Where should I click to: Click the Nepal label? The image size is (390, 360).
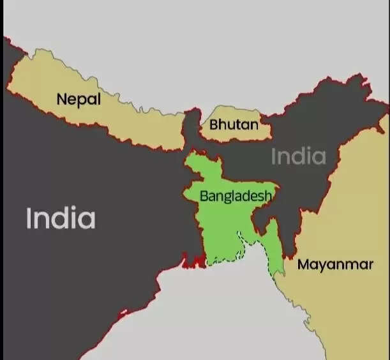(x=79, y=100)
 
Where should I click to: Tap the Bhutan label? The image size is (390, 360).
(x=234, y=124)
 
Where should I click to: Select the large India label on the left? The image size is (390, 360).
(x=61, y=218)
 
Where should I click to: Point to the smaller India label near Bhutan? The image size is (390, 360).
(x=298, y=156)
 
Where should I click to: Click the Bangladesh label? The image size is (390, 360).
(x=236, y=196)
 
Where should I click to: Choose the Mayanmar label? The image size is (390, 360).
(x=335, y=264)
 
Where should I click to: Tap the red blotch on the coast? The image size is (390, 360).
(x=191, y=260)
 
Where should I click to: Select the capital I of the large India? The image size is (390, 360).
(x=29, y=218)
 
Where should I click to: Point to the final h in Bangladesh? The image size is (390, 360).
(x=268, y=195)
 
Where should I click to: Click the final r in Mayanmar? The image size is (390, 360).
(x=370, y=264)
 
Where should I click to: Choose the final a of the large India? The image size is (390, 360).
(x=87, y=220)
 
